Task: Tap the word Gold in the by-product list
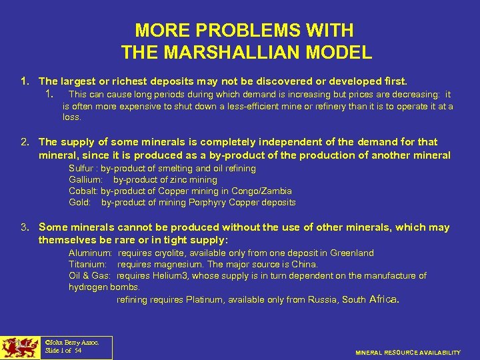[79, 203]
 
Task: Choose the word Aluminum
[90, 253]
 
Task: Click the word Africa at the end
[383, 299]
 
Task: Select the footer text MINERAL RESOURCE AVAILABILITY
[408, 352]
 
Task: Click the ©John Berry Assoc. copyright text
[71, 342]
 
